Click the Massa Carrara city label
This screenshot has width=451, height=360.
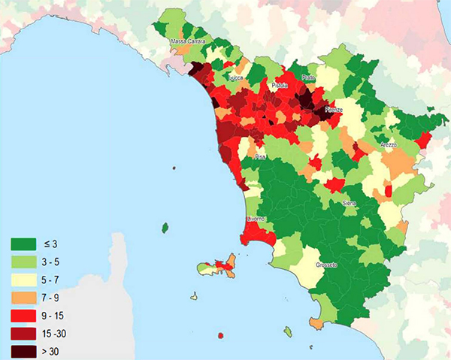(189, 41)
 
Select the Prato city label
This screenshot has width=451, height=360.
(308, 77)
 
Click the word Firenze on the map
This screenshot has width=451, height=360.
(333, 110)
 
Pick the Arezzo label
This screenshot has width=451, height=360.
(388, 144)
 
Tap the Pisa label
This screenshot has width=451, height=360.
(260, 156)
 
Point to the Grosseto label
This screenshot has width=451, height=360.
(326, 265)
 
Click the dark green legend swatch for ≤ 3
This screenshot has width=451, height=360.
(22, 244)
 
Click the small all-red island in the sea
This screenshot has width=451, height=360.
(219, 335)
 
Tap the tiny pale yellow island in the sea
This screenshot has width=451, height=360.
(194, 296)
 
